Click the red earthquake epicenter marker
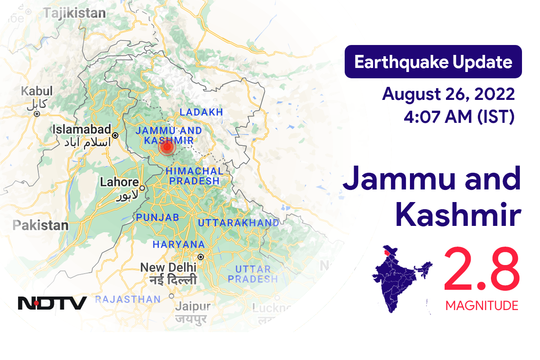tap(167, 147)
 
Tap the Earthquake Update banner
tap(433, 62)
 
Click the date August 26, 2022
tap(448, 95)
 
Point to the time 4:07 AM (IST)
tap(459, 117)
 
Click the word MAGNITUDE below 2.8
tap(481, 306)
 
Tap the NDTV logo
tap(52, 303)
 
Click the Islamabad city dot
tap(115, 135)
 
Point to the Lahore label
tap(119, 182)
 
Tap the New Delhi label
tap(168, 267)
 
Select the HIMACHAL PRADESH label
tap(194, 176)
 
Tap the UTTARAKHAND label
tap(238, 223)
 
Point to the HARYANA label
tap(179, 244)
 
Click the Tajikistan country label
tap(74, 13)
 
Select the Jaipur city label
tap(193, 307)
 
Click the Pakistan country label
tap(40, 225)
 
